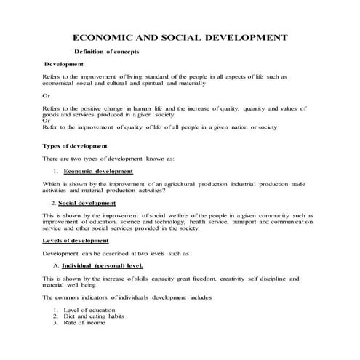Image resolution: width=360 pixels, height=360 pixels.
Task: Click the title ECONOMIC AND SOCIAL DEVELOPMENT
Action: click(x=180, y=37)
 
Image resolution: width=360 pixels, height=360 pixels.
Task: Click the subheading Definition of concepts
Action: click(x=107, y=52)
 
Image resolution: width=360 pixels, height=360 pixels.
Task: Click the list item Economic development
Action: click(x=98, y=172)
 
